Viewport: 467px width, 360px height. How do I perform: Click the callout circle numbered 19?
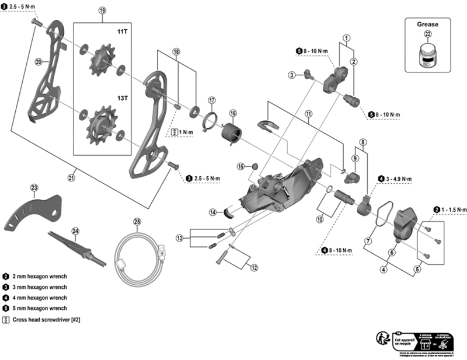(x=103, y=11)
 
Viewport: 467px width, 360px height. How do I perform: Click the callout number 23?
(x=34, y=187)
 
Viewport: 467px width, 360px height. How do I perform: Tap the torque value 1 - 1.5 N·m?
(x=454, y=209)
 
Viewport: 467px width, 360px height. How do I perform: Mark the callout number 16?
(x=233, y=113)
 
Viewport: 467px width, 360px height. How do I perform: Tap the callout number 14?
(x=214, y=212)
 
